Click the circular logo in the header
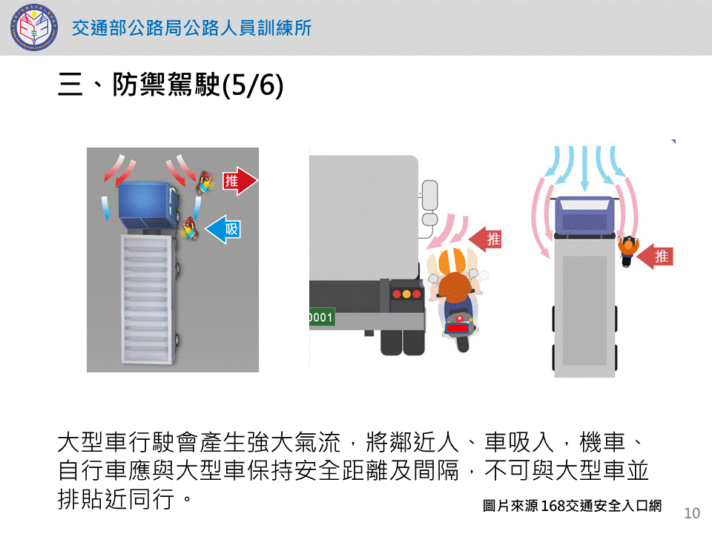click(34, 27)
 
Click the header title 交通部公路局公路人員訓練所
click(191, 28)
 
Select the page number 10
click(692, 513)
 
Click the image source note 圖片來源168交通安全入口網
click(572, 505)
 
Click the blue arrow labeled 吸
click(222, 229)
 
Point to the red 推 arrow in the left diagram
click(240, 181)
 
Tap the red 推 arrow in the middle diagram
click(484, 239)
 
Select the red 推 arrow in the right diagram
click(655, 257)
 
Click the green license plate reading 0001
click(321, 317)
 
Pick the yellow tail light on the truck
click(406, 294)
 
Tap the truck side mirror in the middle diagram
click(429, 202)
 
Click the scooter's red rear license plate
click(458, 328)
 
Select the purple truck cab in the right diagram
click(585, 216)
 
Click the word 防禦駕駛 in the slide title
click(166, 85)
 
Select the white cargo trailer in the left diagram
click(147, 300)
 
